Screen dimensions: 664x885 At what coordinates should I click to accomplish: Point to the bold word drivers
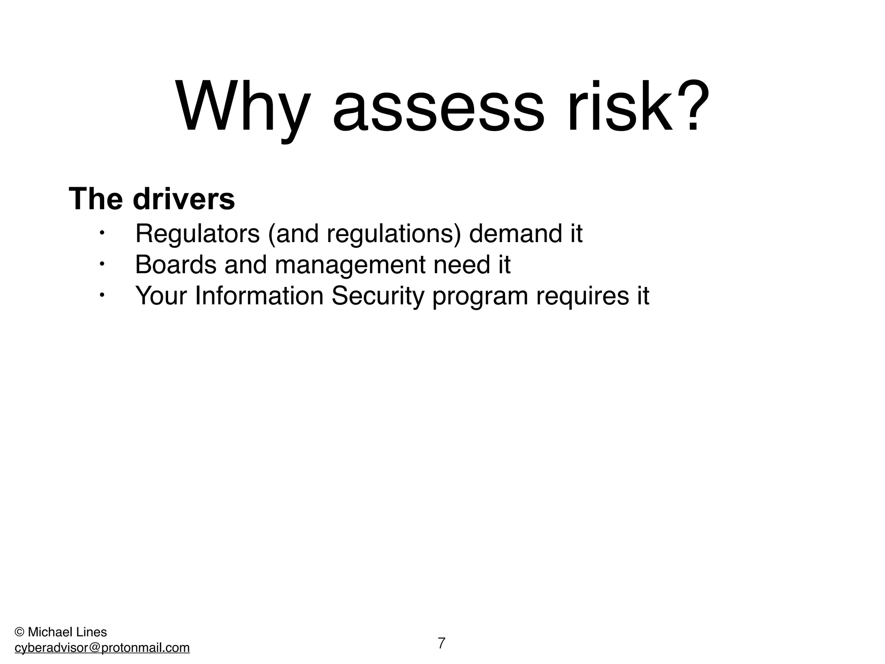pos(184,199)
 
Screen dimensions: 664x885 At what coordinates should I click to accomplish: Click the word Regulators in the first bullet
pos(197,234)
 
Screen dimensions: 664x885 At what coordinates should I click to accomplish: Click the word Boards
pos(175,265)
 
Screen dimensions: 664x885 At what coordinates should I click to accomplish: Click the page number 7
pos(441,643)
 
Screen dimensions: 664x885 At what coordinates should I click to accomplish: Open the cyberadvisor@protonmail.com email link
pos(102,648)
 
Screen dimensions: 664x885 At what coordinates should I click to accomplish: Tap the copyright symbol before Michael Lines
pos(19,632)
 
